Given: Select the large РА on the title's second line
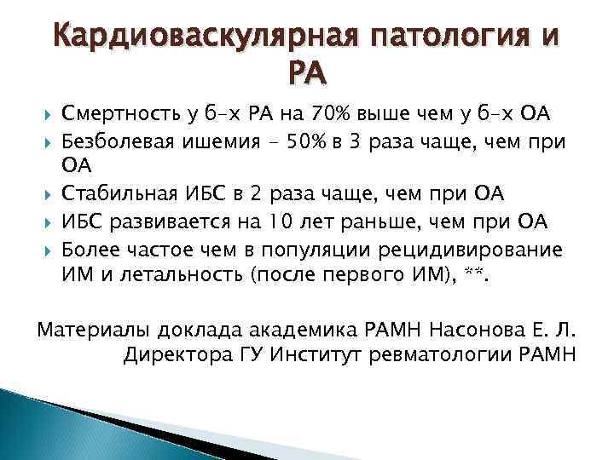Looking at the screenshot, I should point(306,78).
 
